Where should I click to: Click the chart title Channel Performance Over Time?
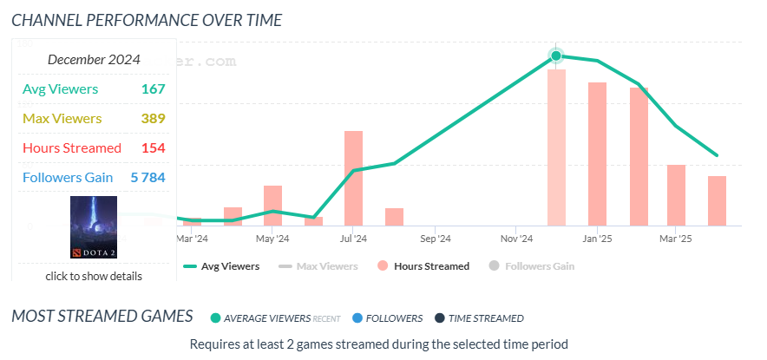coord(147,18)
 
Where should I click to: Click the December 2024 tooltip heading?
coord(94,60)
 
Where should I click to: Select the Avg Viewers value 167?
coord(153,88)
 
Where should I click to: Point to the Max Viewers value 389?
coord(153,118)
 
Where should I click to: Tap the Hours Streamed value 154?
coord(153,147)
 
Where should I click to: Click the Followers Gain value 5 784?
coord(147,177)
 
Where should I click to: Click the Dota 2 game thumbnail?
coord(94,226)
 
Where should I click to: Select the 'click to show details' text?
coord(94,276)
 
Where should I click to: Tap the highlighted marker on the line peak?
coord(556,56)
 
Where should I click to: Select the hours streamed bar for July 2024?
coord(353,178)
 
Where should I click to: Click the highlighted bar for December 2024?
coord(556,147)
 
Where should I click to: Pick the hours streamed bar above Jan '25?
coord(597,154)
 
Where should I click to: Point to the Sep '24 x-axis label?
coord(435,238)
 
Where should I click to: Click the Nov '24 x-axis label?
coord(515,238)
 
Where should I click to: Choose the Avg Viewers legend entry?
coord(222,266)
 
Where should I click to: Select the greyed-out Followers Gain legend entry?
coord(532,266)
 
